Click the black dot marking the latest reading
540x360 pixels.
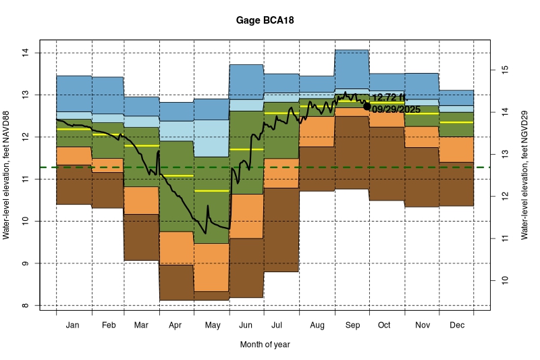(x=367, y=106)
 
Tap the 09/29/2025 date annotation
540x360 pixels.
(x=396, y=109)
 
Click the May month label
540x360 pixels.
(x=212, y=326)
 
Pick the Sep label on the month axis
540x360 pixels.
(x=352, y=326)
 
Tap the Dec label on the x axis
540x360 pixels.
(x=456, y=326)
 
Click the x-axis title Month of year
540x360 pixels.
(x=265, y=344)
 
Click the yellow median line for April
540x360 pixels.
(x=177, y=176)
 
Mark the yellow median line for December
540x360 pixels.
(x=456, y=122)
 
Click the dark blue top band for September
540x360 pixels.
(x=352, y=69)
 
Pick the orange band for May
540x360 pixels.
(x=212, y=267)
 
